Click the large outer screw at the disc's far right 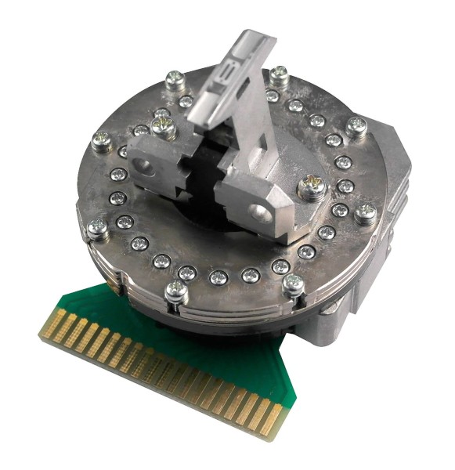365,211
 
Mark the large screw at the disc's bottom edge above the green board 174,294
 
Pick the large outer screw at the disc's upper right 357,125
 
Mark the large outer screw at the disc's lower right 293,283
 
